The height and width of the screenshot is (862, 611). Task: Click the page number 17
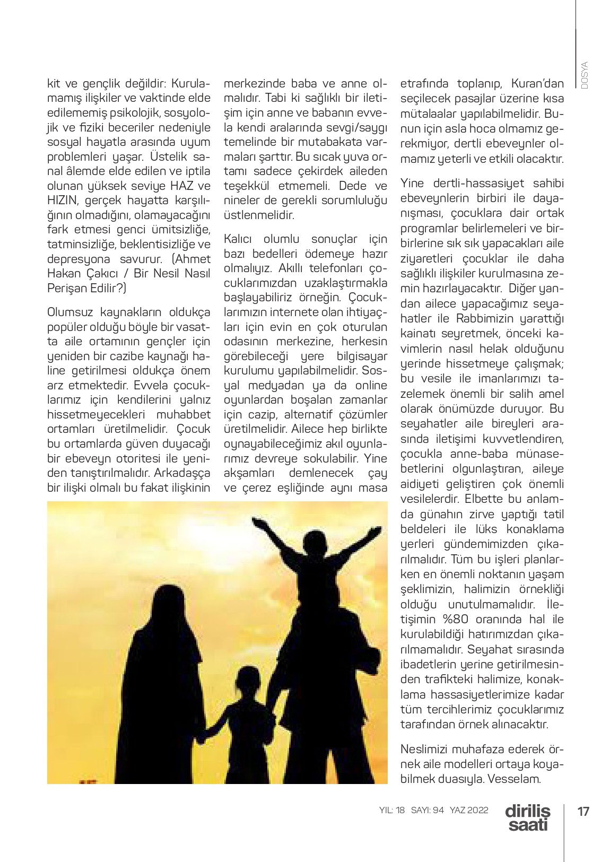tap(583, 811)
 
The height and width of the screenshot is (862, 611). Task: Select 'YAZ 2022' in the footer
tap(469, 811)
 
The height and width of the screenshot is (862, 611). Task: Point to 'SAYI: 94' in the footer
tap(427, 811)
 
